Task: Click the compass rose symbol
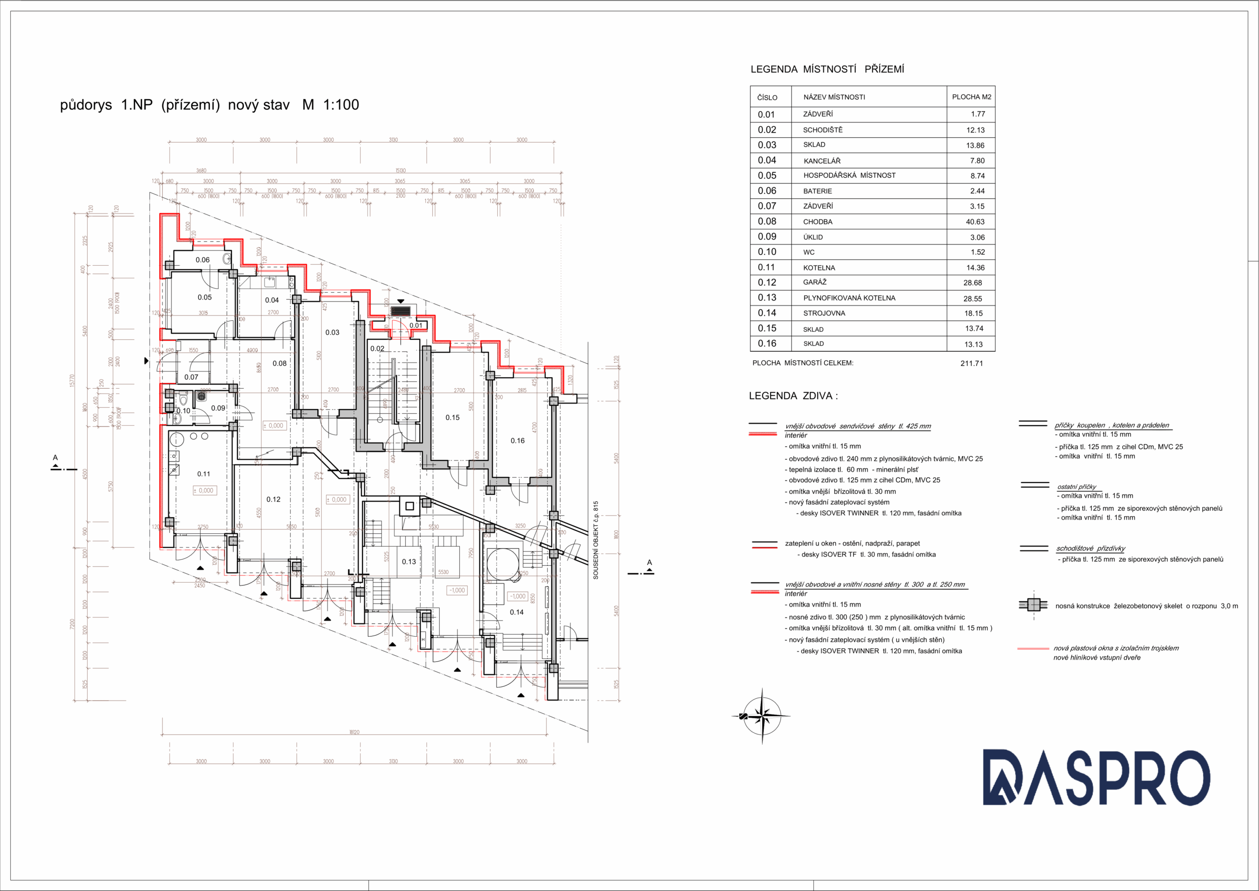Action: (x=762, y=715)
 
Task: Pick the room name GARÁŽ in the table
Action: (x=815, y=282)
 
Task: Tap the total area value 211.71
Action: (x=972, y=363)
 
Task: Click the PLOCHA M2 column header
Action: (x=971, y=97)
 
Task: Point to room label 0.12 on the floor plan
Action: (x=273, y=499)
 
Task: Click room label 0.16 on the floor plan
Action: (x=518, y=440)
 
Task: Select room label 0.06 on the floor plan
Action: (x=202, y=260)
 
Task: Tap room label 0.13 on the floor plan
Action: (x=409, y=562)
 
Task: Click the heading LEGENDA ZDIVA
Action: (x=793, y=396)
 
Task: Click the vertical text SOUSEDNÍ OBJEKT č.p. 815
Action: (x=596, y=540)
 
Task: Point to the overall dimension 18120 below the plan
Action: (x=354, y=732)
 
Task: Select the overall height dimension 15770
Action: (x=72, y=380)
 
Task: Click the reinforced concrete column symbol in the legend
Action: (x=1034, y=605)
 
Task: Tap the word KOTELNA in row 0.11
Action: (x=819, y=268)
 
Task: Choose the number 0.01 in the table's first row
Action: (x=766, y=115)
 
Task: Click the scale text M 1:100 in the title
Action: (x=330, y=105)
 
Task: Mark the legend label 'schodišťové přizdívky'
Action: (x=1091, y=548)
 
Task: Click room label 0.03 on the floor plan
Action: (x=332, y=333)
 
